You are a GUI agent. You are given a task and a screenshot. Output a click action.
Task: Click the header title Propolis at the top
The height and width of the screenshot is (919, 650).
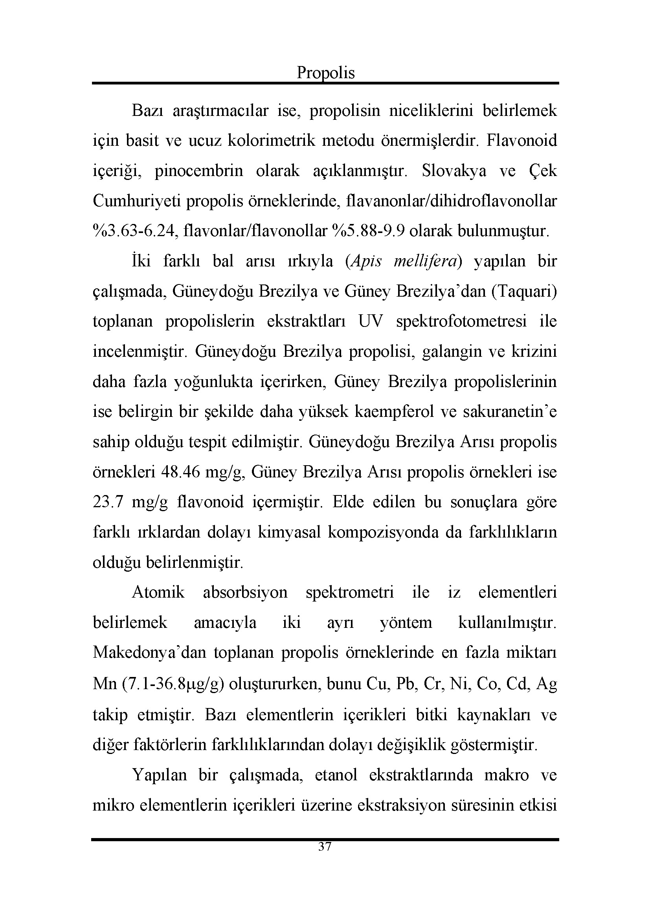[325, 73]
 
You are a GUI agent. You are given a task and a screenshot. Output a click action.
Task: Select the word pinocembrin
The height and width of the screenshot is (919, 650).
[199, 171]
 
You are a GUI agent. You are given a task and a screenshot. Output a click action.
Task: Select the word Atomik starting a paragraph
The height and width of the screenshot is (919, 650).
[158, 593]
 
